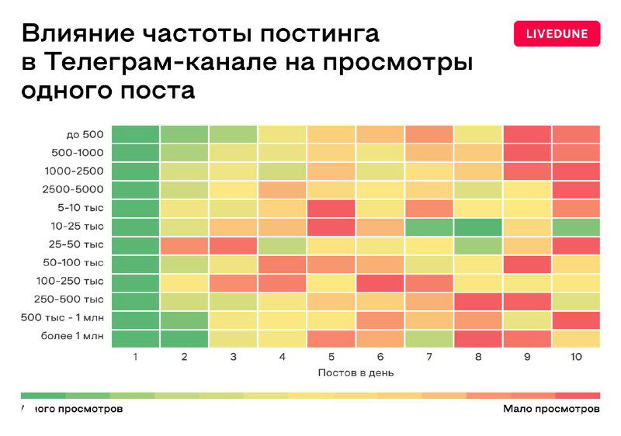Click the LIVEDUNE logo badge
tap(557, 33)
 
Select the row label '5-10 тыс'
tap(80, 208)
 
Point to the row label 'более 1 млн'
tap(72, 337)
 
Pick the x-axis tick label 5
tap(331, 357)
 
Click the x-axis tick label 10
tap(575, 357)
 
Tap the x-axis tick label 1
tap(135, 357)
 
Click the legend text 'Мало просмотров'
tap(550, 408)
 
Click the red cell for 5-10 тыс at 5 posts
tap(331, 208)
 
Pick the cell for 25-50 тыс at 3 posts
tap(234, 245)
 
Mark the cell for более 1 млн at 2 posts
tap(185, 338)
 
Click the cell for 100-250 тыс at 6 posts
tap(380, 282)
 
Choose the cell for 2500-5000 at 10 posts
tap(575, 189)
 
